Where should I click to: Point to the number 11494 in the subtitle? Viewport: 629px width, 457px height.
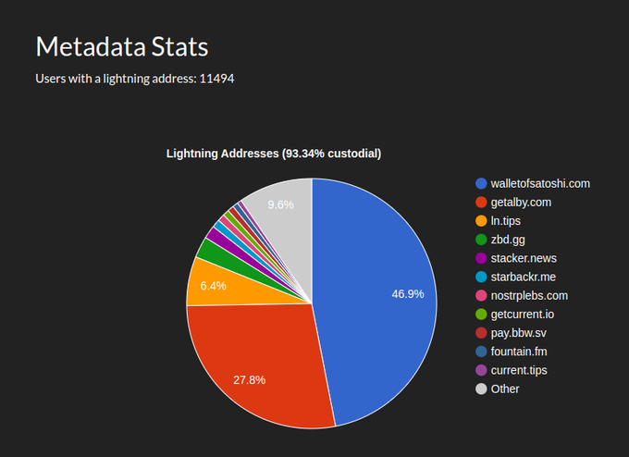click(216, 80)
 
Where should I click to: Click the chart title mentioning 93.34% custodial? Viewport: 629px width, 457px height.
click(273, 154)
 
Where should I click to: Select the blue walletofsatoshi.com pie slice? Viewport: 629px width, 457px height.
click(379, 296)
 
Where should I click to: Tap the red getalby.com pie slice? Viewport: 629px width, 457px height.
click(259, 361)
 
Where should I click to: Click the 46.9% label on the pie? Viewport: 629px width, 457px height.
click(408, 294)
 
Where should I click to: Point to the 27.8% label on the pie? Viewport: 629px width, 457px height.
click(249, 380)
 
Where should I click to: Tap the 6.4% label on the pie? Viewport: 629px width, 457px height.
click(213, 286)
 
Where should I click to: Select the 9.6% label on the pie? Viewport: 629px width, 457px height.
click(280, 204)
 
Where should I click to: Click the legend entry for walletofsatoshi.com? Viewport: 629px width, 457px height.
click(540, 184)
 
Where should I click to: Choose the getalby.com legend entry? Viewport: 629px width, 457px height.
click(521, 203)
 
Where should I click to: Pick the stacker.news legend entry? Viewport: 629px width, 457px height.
click(524, 258)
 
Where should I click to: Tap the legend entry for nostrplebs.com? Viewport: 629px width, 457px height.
click(529, 296)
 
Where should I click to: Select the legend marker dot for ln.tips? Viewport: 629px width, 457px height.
click(481, 221)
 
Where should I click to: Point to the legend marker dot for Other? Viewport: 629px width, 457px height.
click(481, 389)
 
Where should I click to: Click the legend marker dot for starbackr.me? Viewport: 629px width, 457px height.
click(481, 277)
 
